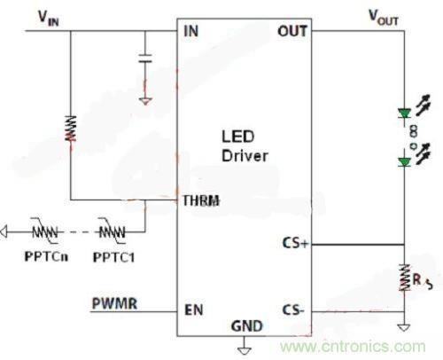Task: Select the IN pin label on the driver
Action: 191,32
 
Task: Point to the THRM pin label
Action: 200,202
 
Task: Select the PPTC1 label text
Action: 113,257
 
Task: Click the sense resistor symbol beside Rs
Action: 403,276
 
